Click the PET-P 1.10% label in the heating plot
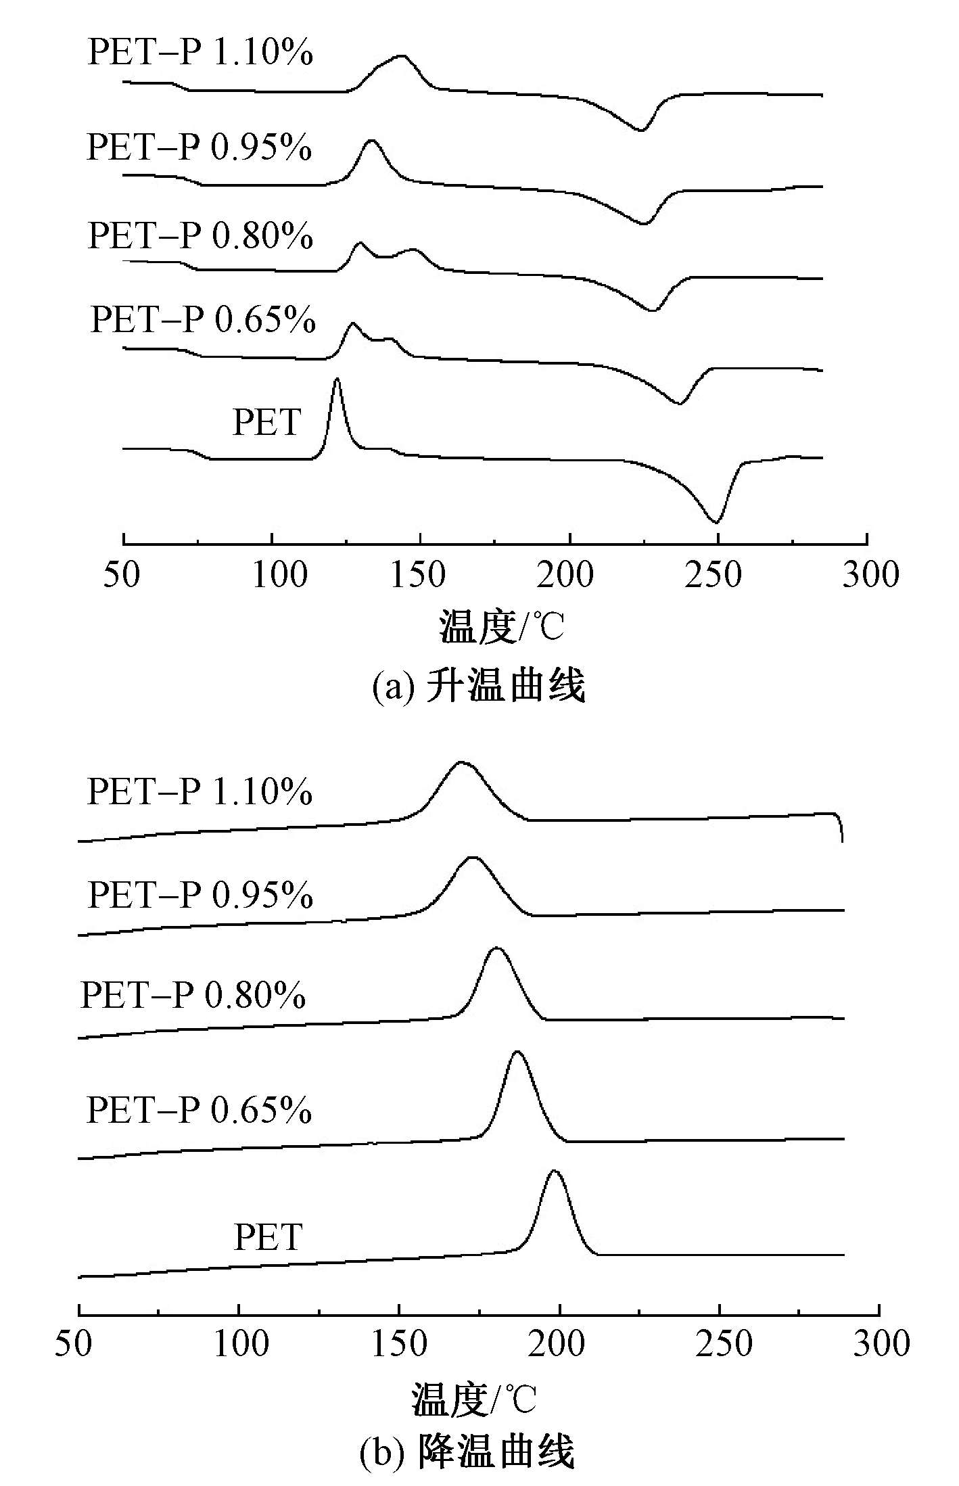200,53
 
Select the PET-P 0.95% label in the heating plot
200,147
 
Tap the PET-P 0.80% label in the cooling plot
193,996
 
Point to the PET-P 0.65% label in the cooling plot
200,1110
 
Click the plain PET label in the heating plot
266,423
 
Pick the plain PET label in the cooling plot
267,1237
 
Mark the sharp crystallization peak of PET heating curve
337,381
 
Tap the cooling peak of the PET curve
555,1171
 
